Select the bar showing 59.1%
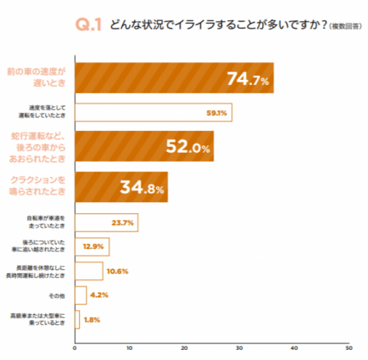[153, 112]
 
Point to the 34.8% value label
[142, 189]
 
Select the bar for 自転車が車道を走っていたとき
[106, 222]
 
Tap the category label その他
[58, 294]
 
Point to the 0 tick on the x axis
[75, 348]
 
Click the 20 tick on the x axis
[184, 348]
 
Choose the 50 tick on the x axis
[349, 348]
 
